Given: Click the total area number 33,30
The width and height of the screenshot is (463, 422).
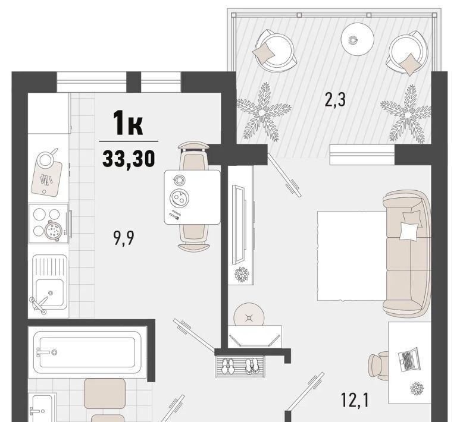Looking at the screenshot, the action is (x=129, y=158).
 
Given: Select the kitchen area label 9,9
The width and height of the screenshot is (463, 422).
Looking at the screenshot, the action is (x=123, y=238).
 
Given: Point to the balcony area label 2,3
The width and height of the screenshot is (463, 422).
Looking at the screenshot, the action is (x=335, y=99).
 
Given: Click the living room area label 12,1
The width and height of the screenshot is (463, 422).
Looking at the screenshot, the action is (x=355, y=400).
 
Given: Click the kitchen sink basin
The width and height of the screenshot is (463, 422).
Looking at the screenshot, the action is (x=49, y=292).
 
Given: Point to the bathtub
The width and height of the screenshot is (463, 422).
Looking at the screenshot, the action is (x=87, y=352).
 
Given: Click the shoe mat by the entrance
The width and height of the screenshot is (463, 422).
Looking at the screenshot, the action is (x=240, y=366).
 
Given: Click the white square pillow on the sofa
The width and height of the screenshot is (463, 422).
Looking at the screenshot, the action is (x=409, y=231).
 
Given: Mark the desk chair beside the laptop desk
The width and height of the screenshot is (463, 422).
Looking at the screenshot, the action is (x=378, y=366).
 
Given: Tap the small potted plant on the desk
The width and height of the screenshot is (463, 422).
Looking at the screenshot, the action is (x=417, y=389).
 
